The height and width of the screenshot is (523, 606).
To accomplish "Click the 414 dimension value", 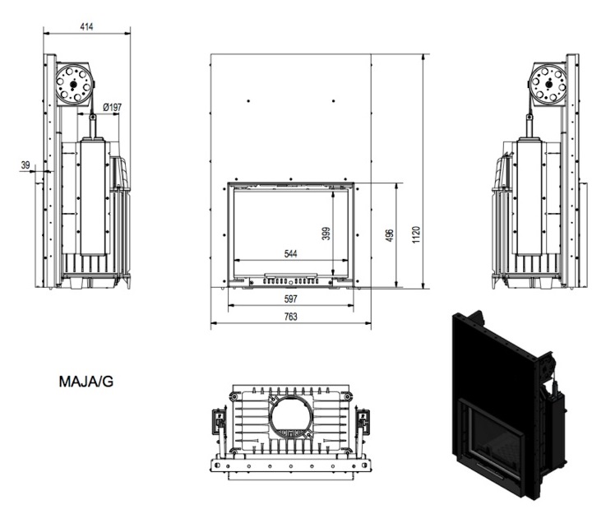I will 86,26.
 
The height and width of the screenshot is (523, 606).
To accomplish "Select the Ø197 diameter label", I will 113,107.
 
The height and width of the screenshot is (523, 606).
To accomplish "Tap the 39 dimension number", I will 25,165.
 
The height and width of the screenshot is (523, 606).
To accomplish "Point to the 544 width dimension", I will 290,254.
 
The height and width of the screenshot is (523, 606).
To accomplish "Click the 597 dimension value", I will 290,298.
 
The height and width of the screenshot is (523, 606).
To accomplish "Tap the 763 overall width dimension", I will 290,317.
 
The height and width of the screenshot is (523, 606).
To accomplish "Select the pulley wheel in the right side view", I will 546,82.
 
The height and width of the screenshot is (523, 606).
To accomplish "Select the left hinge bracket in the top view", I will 219,419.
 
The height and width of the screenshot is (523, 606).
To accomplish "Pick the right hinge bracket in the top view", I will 362,419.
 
